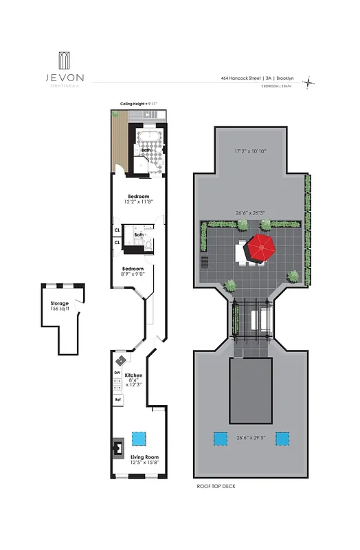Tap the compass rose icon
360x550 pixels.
click(x=310, y=82)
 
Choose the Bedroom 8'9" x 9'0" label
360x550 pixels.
click(x=133, y=272)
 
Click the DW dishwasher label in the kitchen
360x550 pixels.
click(x=117, y=373)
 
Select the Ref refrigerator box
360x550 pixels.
click(x=117, y=399)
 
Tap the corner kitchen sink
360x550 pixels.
click(x=121, y=360)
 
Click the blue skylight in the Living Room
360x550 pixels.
click(x=139, y=437)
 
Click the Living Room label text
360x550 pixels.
click(x=144, y=457)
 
